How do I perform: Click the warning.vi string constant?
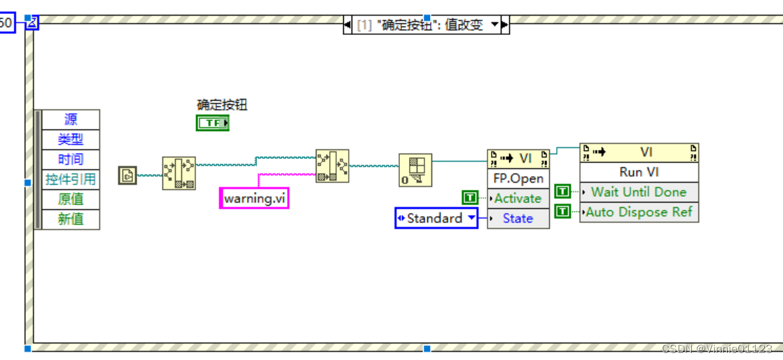[x=254, y=198]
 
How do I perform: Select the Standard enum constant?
[x=436, y=219]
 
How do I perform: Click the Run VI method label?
[x=639, y=172]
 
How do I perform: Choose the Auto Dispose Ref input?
[x=639, y=212]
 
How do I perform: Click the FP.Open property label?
[x=518, y=179]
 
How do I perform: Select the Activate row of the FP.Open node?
[x=518, y=198]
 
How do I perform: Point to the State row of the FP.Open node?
[x=518, y=219]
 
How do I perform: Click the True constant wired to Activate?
[x=470, y=198]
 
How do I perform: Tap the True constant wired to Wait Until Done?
[x=562, y=191]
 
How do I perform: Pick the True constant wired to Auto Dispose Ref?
[x=562, y=212]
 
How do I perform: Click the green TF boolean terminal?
[x=213, y=123]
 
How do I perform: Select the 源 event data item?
[x=71, y=120]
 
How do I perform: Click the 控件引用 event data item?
[x=71, y=179]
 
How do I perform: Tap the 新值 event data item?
[x=71, y=219]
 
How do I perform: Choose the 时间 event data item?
[x=71, y=159]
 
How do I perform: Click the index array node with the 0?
[x=415, y=170]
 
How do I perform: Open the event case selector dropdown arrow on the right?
[x=495, y=25]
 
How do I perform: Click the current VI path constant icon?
[x=127, y=174]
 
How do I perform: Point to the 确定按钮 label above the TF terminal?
[x=222, y=105]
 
